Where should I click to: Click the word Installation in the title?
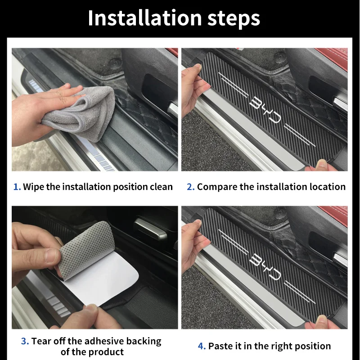tap(145, 18)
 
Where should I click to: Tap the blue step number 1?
tap(17, 187)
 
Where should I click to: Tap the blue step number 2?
tap(190, 187)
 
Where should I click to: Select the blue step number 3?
tap(25, 341)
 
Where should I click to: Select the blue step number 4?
tap(202, 346)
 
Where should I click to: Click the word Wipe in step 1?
tap(33, 187)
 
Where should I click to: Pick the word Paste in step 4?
tap(220, 346)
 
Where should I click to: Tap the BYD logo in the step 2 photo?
tap(265, 109)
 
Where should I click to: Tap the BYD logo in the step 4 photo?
tap(265, 267)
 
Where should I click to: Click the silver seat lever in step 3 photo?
tap(150, 229)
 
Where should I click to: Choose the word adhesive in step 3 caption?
tap(103, 341)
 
